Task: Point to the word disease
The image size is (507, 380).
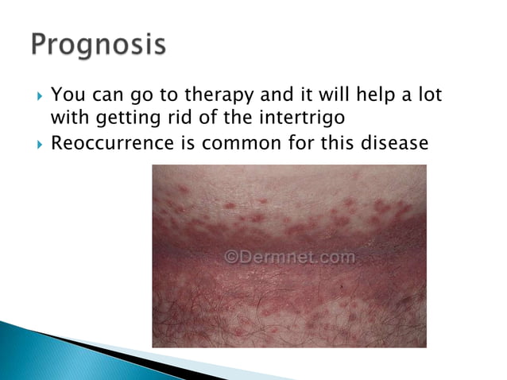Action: point(396,144)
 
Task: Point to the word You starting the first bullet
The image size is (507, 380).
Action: point(68,96)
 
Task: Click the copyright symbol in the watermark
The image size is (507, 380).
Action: point(232,258)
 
